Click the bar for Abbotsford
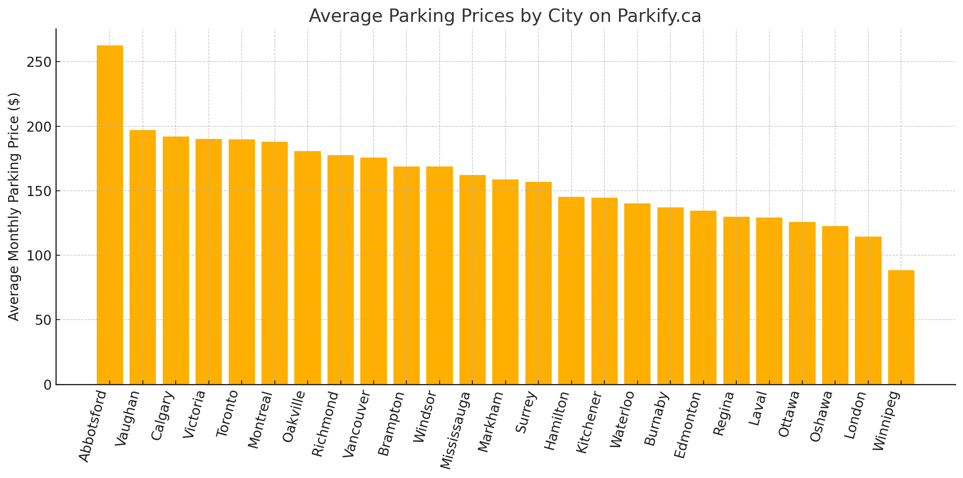pyautogui.click(x=110, y=215)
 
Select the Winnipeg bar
pyautogui.click(x=901, y=327)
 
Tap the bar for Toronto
pyautogui.click(x=242, y=262)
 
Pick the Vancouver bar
pyautogui.click(x=373, y=271)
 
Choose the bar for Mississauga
pyautogui.click(x=472, y=280)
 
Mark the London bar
pyautogui.click(x=868, y=310)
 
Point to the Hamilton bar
pyautogui.click(x=571, y=290)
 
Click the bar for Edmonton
pyautogui.click(x=703, y=297)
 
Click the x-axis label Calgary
pyautogui.click(x=163, y=416)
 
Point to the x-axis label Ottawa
pyautogui.click(x=789, y=414)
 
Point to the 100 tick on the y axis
pyautogui.click(x=39, y=256)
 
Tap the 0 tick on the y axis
pyautogui.click(x=48, y=385)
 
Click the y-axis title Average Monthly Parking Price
pyautogui.click(x=14, y=207)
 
